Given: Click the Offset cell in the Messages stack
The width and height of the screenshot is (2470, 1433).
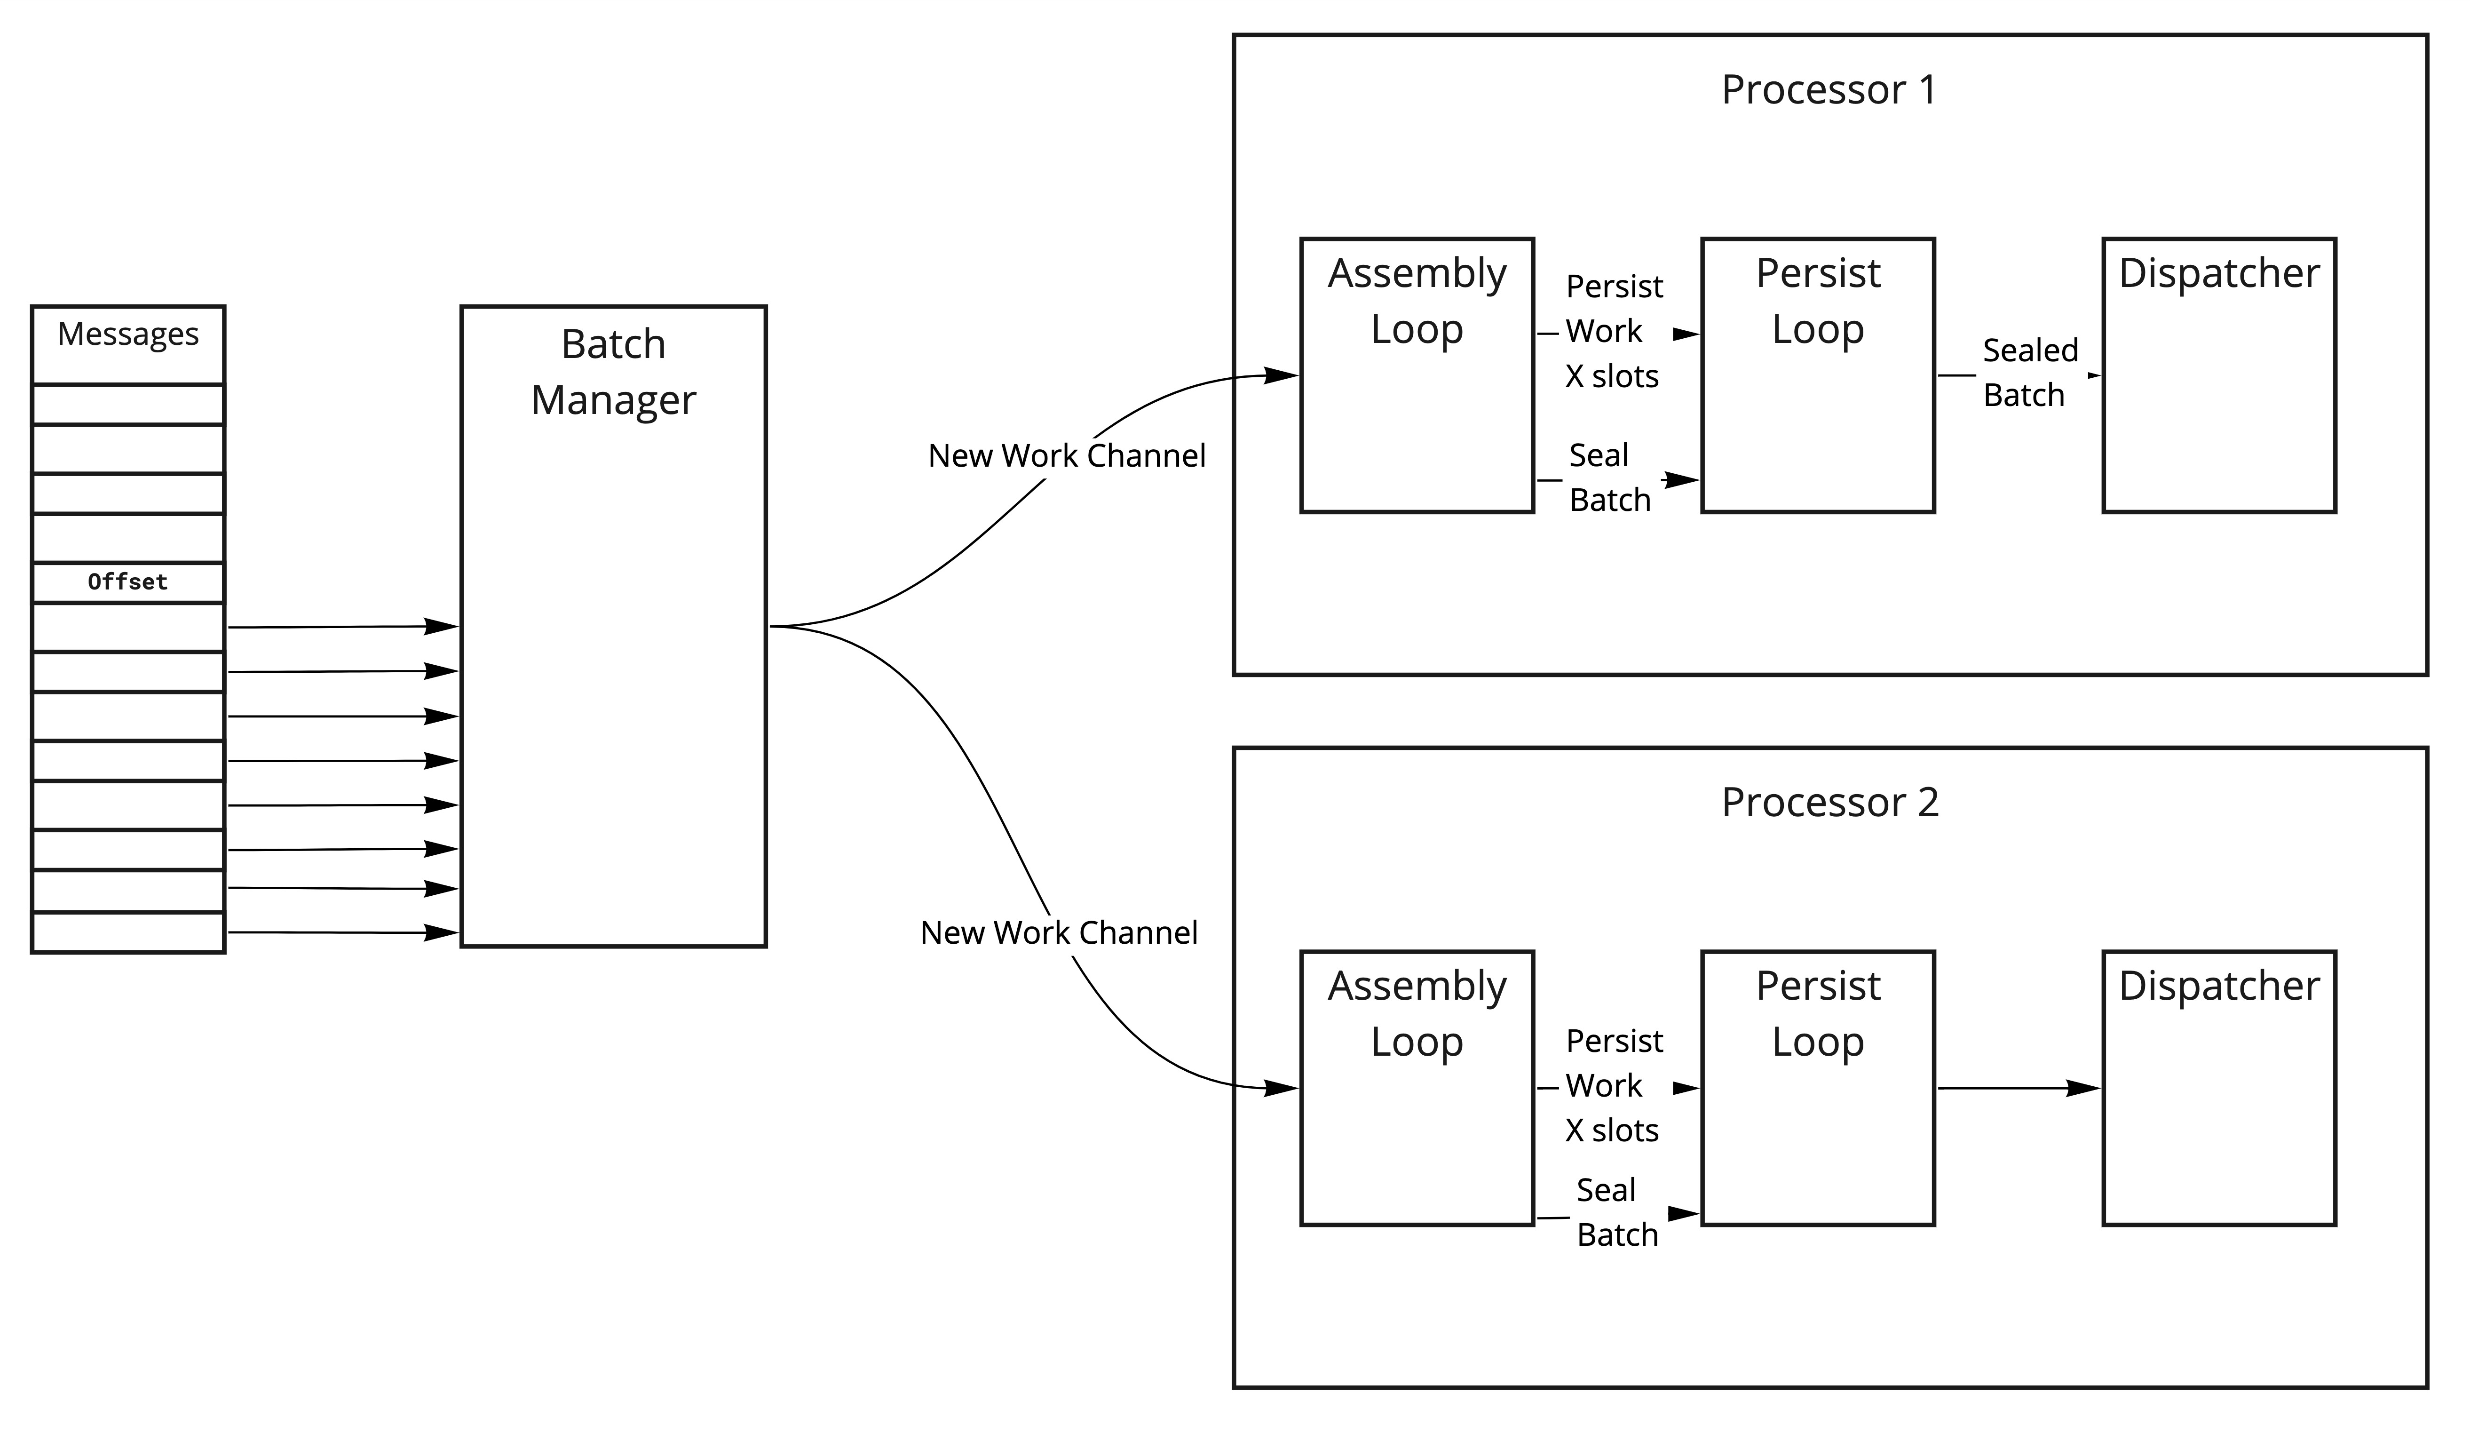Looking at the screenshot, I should pyautogui.click(x=127, y=582).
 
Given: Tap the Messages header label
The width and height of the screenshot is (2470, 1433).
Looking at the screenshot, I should pyautogui.click(x=127, y=334).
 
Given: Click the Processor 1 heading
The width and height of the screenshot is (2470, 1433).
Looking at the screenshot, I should pyautogui.click(x=1829, y=90).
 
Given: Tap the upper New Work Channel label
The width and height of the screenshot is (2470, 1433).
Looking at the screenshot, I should pyautogui.click(x=1067, y=456).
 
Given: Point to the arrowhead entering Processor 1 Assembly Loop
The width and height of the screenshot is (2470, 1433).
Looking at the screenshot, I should pyautogui.click(x=1282, y=375).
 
